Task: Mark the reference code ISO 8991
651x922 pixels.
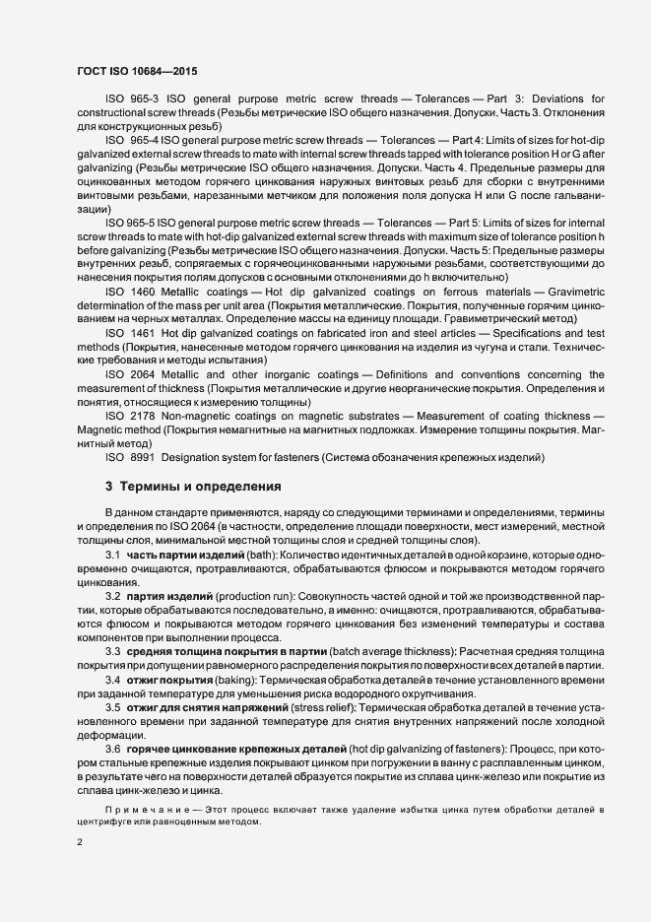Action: pyautogui.click(x=128, y=458)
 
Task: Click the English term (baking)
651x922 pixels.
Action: pyautogui.click(x=236, y=680)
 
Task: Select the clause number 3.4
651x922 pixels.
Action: pyautogui.click(x=113, y=680)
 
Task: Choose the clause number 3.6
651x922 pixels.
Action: pyautogui.click(x=113, y=751)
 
